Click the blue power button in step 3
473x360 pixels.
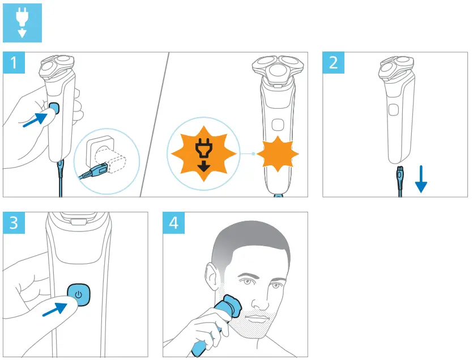point(79,295)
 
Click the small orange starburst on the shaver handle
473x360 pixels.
point(278,153)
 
